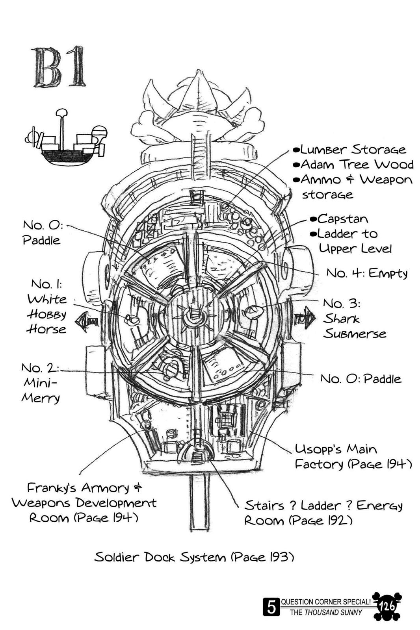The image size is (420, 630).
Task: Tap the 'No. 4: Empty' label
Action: [x=366, y=273]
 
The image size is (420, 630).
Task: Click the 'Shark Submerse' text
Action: [x=354, y=326]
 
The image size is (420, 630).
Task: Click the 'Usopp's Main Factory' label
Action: [x=353, y=457]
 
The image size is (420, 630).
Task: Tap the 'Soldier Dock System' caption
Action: [x=194, y=558]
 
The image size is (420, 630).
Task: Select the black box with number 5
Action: [x=271, y=607]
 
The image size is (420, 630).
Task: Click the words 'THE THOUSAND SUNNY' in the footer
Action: [x=326, y=612]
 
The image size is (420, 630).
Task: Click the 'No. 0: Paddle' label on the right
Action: [x=361, y=379]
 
